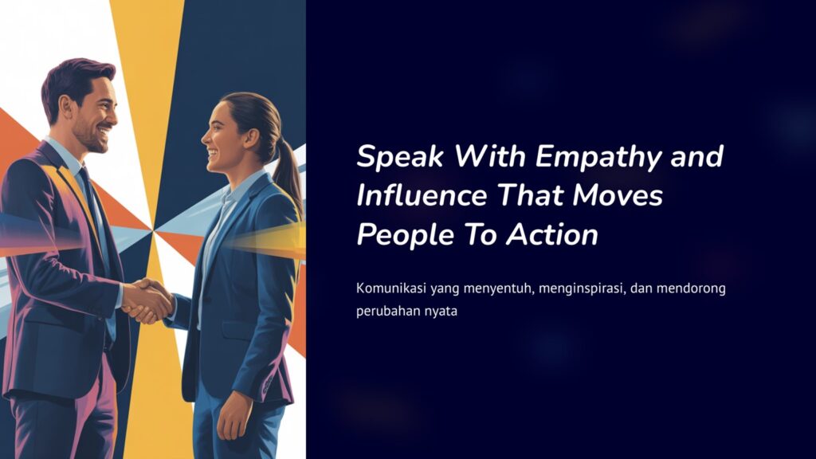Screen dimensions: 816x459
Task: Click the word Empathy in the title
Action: pyautogui.click(x=599, y=157)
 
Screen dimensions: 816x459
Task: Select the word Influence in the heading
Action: pyautogui.click(x=422, y=195)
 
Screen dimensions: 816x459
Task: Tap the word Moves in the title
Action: pyautogui.click(x=618, y=195)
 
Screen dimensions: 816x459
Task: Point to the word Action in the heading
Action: pyautogui.click(x=552, y=235)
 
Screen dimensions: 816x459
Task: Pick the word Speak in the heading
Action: pyautogui.click(x=400, y=157)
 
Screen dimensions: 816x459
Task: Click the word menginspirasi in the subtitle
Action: pyautogui.click(x=581, y=288)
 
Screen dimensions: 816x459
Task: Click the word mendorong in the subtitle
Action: pyautogui.click(x=691, y=288)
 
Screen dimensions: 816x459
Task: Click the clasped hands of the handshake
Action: pyautogui.click(x=147, y=300)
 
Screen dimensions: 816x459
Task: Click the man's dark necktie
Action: pyautogui.click(x=94, y=208)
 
